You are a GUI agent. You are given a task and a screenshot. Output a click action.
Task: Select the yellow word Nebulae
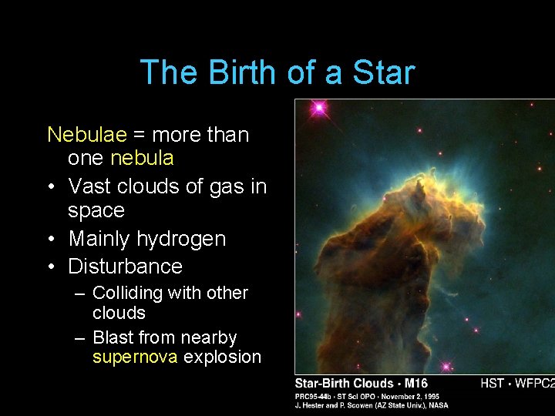(x=87, y=135)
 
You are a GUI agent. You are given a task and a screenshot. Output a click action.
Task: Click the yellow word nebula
(x=142, y=159)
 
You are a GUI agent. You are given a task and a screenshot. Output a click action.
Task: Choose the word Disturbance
(x=125, y=267)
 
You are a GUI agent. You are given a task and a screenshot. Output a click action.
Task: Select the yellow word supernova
(x=135, y=357)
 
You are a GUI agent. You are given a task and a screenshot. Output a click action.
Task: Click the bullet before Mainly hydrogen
(x=51, y=239)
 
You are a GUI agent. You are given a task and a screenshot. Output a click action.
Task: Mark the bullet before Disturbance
(x=51, y=267)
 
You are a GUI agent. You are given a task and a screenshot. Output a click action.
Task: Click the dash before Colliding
(x=79, y=294)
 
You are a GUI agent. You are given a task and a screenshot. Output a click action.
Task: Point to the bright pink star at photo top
(x=318, y=109)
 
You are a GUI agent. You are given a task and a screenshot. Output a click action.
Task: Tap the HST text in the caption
(x=493, y=383)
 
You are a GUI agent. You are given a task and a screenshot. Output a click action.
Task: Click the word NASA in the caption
(x=438, y=405)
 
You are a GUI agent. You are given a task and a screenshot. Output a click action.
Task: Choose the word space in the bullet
(x=96, y=211)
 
